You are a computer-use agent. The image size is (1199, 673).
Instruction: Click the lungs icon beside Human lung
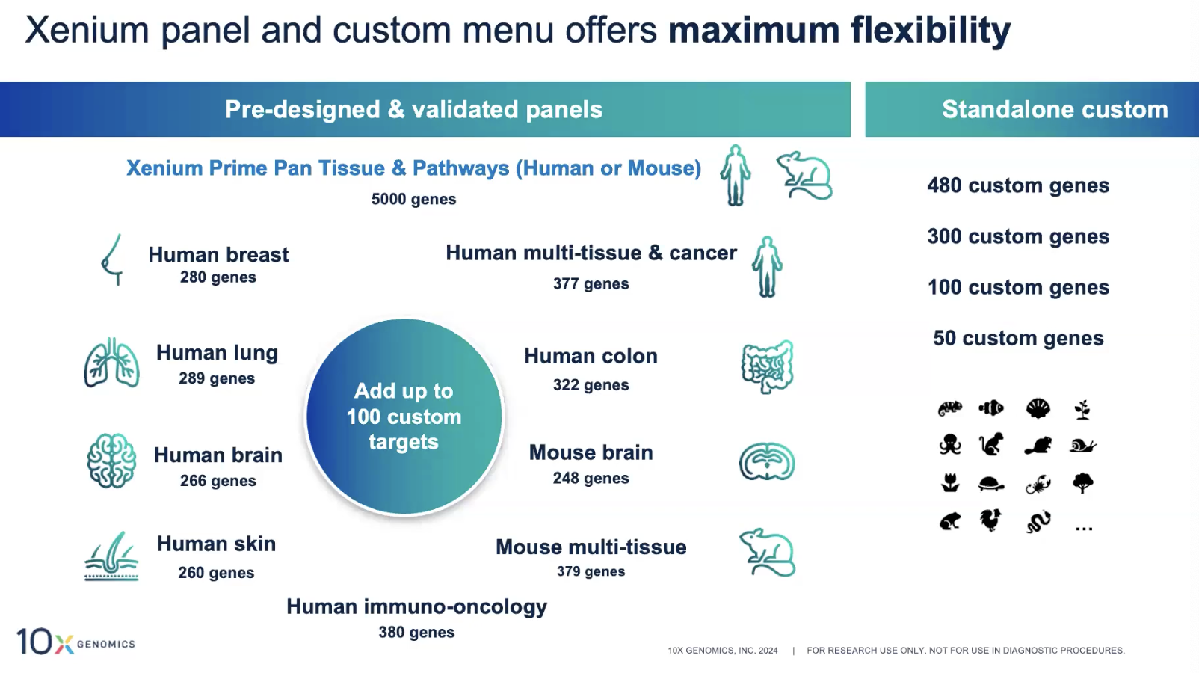[x=111, y=363]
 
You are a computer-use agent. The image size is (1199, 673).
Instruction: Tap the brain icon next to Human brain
[x=111, y=461]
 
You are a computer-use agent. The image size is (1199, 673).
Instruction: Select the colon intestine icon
[x=768, y=366]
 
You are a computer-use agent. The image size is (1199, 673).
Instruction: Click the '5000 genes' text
[x=414, y=199]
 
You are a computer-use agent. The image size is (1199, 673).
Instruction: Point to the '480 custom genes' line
[x=1018, y=185]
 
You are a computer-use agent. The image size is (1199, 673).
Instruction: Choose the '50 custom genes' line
[x=1018, y=339]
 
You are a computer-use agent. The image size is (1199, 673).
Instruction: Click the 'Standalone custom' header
[x=1055, y=109]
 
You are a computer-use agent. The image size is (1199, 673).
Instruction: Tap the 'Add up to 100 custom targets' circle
[x=404, y=417]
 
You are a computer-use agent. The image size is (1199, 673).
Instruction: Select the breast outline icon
[x=112, y=259]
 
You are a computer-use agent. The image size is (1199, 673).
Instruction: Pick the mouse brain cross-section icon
[x=767, y=461]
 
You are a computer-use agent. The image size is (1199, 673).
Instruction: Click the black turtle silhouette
[x=990, y=484]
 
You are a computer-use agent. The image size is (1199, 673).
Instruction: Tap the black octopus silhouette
[x=950, y=445]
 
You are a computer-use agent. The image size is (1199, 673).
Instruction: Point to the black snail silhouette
[x=1083, y=446]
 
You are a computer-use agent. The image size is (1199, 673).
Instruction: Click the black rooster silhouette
[x=990, y=520]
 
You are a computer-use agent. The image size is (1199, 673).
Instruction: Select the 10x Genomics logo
[x=75, y=641]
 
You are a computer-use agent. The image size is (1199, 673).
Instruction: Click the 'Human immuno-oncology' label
[x=416, y=606]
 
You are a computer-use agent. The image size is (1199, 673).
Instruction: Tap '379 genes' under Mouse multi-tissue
[x=591, y=571]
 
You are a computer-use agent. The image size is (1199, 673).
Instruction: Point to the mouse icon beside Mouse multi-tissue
[x=768, y=553]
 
